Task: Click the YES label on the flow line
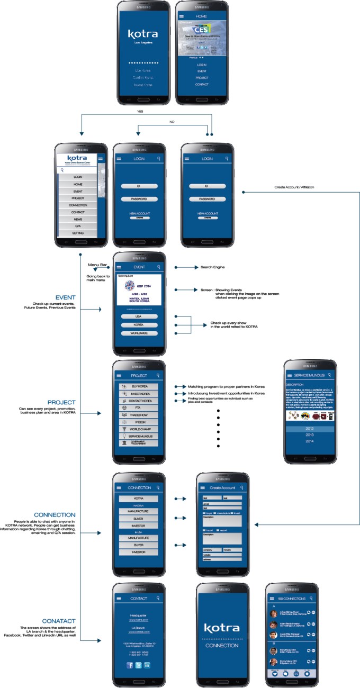pyautogui.click(x=140, y=111)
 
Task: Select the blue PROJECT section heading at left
pyautogui.click(x=61, y=402)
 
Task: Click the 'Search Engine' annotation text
pyautogui.click(x=212, y=267)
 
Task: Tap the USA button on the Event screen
pyautogui.click(x=139, y=316)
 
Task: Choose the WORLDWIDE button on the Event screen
pyautogui.click(x=139, y=333)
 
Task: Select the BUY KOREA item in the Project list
pyautogui.click(x=139, y=387)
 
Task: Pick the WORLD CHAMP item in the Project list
pyautogui.click(x=139, y=429)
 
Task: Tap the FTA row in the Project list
pyautogui.click(x=139, y=408)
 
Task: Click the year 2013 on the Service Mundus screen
pyautogui.click(x=309, y=434)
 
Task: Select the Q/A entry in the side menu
pyautogui.click(x=78, y=226)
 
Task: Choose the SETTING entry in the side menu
pyautogui.click(x=78, y=233)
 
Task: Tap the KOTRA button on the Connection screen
pyautogui.click(x=139, y=499)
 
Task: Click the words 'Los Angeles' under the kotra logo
pyautogui.click(x=143, y=43)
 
